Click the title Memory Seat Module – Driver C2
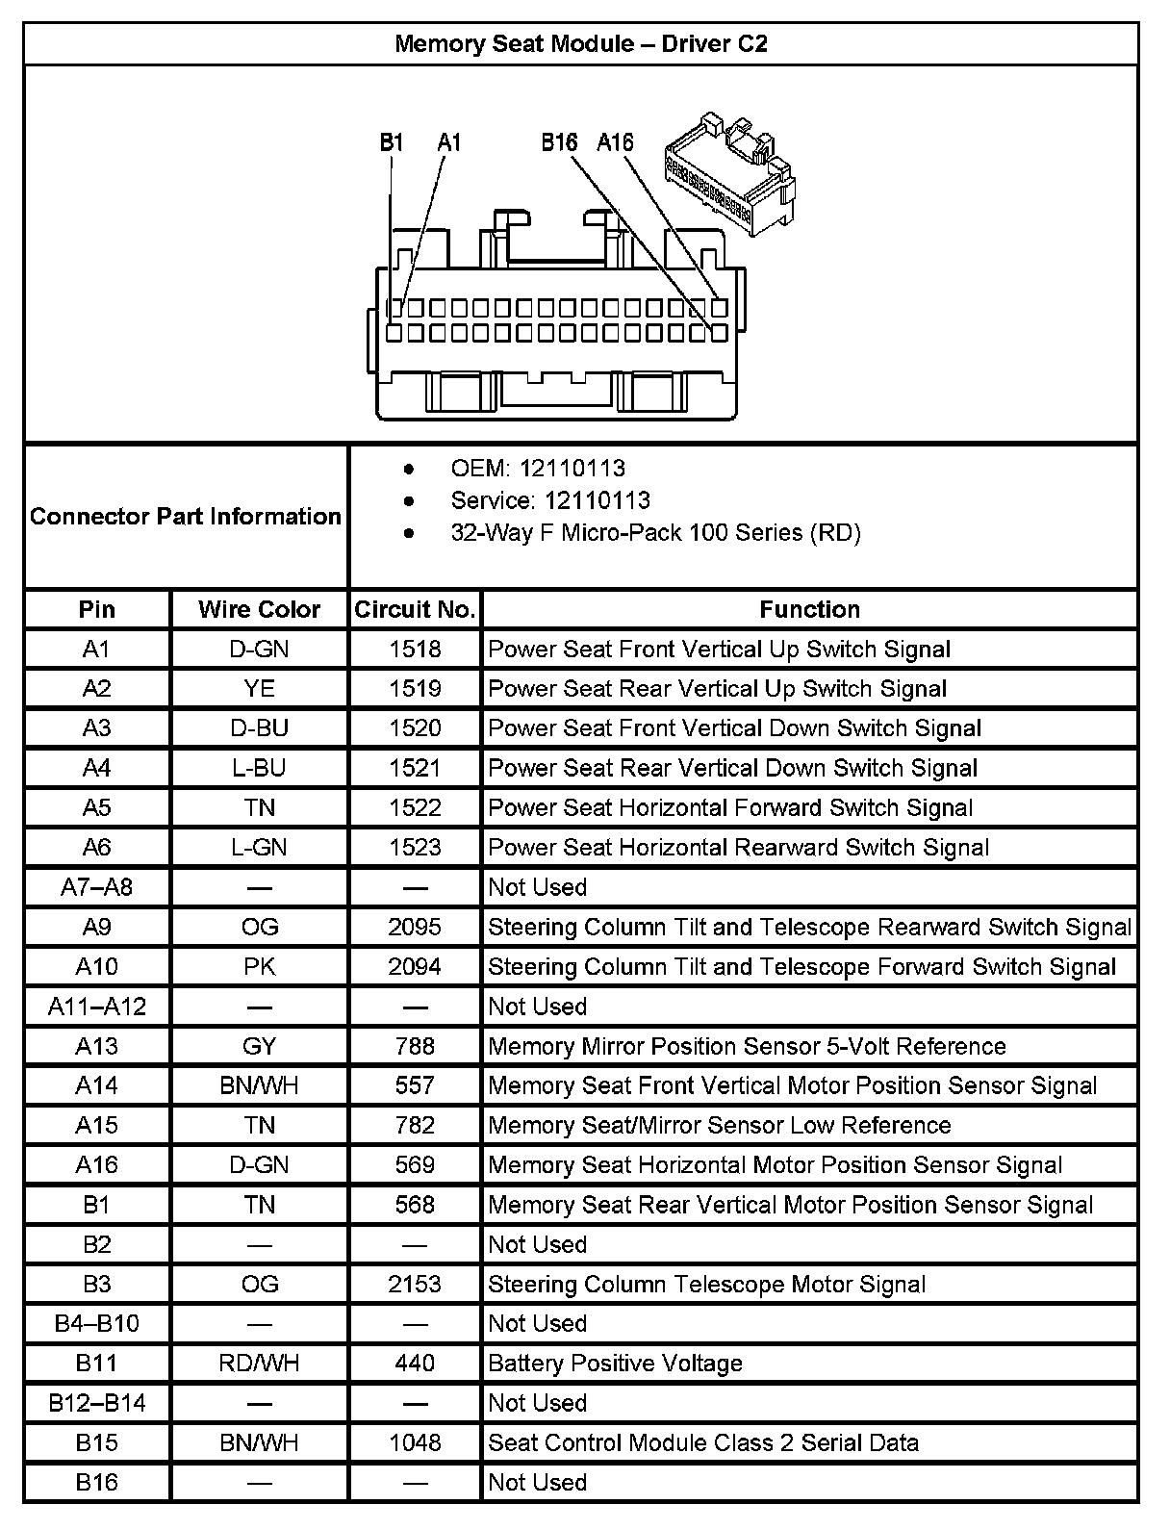tap(581, 44)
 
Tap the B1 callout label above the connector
tap(391, 143)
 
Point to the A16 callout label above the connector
tap(615, 143)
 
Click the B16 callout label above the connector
tap(559, 143)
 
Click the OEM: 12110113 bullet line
tap(537, 469)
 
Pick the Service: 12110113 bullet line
tap(549, 500)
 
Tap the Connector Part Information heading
tap(186, 517)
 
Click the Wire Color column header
tap(259, 610)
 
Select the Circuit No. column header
tap(415, 610)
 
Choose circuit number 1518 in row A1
tap(415, 650)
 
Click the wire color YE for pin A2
tap(259, 689)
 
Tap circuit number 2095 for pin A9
tap(415, 927)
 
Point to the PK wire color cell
tap(259, 966)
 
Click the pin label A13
tap(96, 1046)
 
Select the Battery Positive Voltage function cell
tap(615, 1364)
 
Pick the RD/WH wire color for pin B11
tap(259, 1364)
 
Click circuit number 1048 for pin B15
tap(415, 1442)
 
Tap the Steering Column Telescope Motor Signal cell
tap(706, 1285)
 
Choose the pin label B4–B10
tap(96, 1324)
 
